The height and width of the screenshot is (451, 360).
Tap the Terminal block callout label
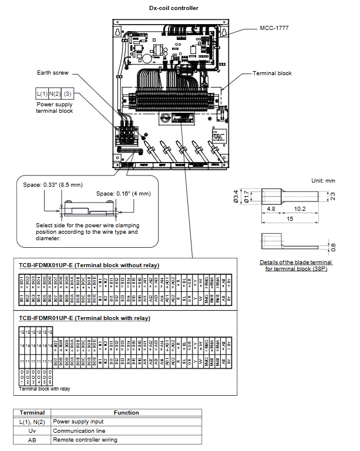(272, 73)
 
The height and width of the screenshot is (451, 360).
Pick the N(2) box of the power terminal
(55, 93)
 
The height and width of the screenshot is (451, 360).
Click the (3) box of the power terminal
(68, 93)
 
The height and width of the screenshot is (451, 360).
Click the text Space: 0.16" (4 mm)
(123, 193)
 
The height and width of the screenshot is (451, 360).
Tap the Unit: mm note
(323, 181)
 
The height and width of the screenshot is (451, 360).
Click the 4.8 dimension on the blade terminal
(271, 208)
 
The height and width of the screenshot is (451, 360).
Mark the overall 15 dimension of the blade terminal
(289, 219)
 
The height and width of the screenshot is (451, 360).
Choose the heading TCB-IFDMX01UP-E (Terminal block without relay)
(89, 265)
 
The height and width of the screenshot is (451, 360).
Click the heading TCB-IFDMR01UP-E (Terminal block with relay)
(84, 318)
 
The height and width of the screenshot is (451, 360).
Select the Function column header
(126, 412)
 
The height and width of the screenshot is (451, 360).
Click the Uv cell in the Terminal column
(32, 430)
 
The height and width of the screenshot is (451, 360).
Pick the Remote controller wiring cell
(85, 439)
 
